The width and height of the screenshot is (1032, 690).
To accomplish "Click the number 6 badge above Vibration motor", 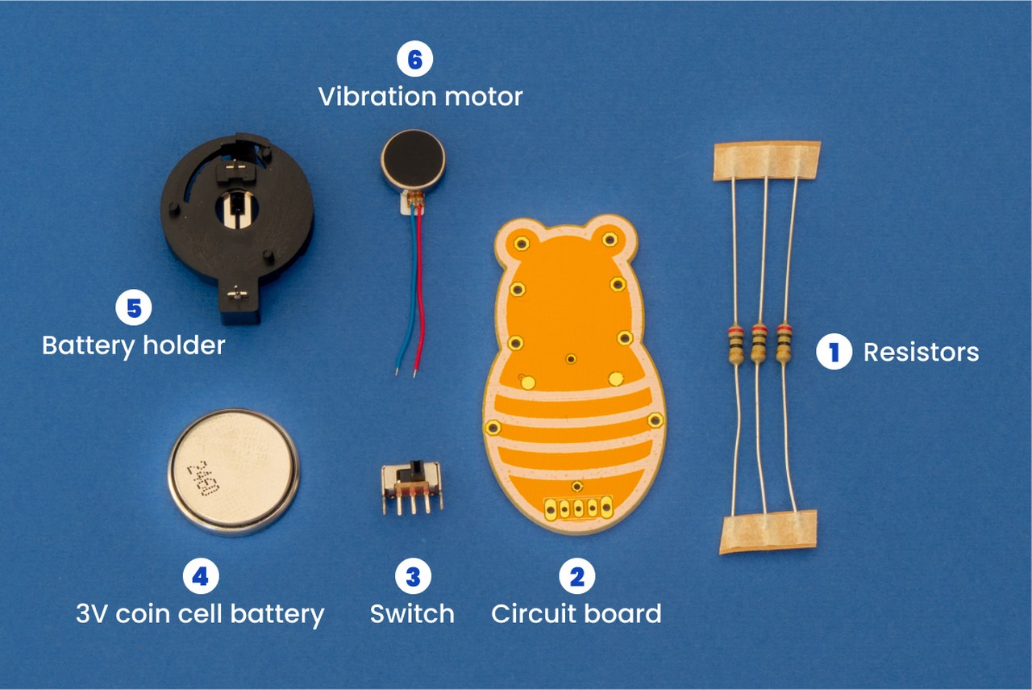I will (x=414, y=61).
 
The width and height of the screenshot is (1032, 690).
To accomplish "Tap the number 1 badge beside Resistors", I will (x=834, y=352).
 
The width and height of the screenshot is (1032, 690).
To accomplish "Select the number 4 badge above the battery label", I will (x=200, y=576).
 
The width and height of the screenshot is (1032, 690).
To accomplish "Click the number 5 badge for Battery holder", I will (x=133, y=307).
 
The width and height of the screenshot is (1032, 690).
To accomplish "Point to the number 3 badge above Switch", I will (x=413, y=576).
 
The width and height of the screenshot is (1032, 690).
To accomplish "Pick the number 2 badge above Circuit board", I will (x=577, y=576).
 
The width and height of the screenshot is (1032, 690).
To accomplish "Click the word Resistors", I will (x=921, y=352).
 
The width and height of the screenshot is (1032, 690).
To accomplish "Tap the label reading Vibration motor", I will (x=420, y=97).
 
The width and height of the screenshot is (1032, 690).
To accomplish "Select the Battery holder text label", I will (x=133, y=345).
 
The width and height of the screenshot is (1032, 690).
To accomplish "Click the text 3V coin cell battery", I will (x=200, y=613).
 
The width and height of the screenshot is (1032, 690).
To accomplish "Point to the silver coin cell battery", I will (x=234, y=471).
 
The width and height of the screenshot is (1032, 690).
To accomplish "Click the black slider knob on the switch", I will (x=418, y=467).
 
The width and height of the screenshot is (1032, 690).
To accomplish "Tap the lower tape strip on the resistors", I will (x=768, y=530).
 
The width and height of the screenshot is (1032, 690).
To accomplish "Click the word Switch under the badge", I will (x=412, y=613).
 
